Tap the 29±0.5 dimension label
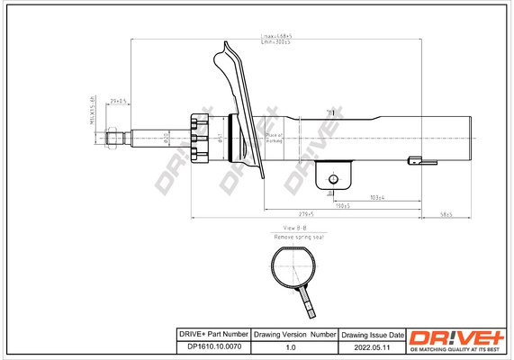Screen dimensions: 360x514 (x=117, y=101)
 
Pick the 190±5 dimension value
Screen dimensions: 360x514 (x=341, y=206)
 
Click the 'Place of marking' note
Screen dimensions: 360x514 (x=274, y=138)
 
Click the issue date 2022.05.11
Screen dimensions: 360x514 (x=372, y=346)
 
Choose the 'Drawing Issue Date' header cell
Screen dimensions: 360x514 (x=372, y=332)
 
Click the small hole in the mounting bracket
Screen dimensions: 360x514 (x=331, y=178)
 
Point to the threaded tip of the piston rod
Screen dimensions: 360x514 (x=114, y=137)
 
